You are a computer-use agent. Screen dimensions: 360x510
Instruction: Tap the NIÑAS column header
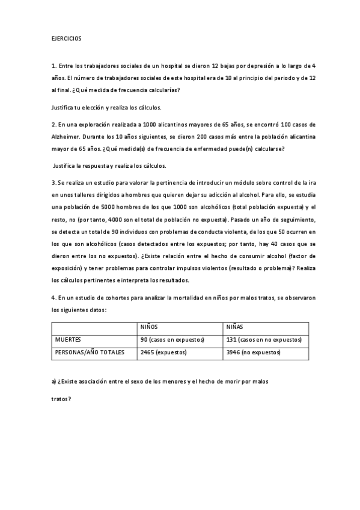(x=234, y=328)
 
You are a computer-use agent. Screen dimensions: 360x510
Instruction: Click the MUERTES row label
(x=68, y=340)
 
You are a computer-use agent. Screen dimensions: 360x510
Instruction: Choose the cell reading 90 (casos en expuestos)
(x=172, y=340)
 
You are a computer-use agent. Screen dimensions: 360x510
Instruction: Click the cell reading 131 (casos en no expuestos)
(x=263, y=340)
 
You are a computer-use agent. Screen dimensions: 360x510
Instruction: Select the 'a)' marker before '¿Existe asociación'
(x=53, y=382)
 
